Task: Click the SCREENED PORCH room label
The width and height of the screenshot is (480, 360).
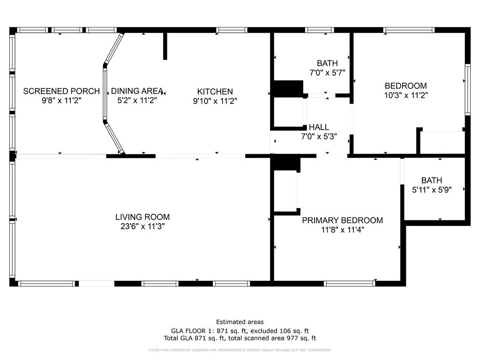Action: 61,91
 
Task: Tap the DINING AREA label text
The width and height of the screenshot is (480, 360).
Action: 137,91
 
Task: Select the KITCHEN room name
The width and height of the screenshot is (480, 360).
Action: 215,91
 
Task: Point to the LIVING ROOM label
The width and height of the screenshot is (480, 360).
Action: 142,217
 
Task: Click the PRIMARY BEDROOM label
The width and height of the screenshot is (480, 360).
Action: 342,220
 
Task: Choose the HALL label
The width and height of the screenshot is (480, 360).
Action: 319,127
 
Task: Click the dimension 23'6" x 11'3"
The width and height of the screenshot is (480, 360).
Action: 142,226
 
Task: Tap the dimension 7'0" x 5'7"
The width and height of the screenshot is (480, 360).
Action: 327,73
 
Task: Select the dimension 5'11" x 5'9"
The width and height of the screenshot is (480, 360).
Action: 431,190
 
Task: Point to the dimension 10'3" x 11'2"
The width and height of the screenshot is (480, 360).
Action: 405,95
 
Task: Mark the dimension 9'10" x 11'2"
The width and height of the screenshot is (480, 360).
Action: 215,100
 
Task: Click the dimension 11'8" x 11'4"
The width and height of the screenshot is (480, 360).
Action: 342,230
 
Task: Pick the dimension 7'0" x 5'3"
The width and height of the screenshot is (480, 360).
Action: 319,136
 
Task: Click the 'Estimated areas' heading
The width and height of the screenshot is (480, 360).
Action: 240,322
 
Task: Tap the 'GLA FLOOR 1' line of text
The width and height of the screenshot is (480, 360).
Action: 240,330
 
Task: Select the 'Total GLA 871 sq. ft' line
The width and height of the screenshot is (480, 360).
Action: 240,338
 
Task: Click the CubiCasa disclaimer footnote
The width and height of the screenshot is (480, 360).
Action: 240,350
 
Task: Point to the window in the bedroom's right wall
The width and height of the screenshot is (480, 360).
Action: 467,89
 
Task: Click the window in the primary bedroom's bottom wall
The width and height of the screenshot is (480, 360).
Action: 350,283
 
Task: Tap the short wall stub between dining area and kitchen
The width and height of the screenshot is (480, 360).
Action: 165,46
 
